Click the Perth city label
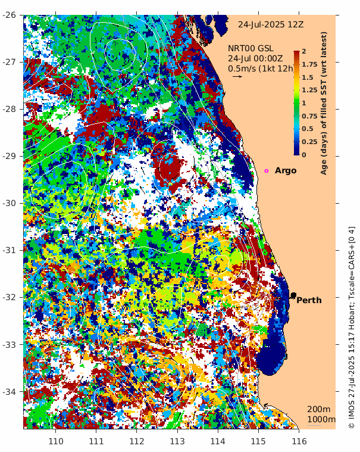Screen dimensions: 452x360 [309, 300]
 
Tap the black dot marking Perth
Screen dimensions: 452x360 [293, 295]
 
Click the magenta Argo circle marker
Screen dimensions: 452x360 [267, 171]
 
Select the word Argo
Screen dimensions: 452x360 [286, 171]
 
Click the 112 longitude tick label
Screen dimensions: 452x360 [137, 441]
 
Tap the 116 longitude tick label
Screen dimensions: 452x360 [299, 441]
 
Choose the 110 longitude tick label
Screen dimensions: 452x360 [56, 441]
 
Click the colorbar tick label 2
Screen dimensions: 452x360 [304, 51]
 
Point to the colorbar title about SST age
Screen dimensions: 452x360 [324, 103]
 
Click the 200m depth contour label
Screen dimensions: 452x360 [318, 409]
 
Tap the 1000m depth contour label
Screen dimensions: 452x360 [321, 420]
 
